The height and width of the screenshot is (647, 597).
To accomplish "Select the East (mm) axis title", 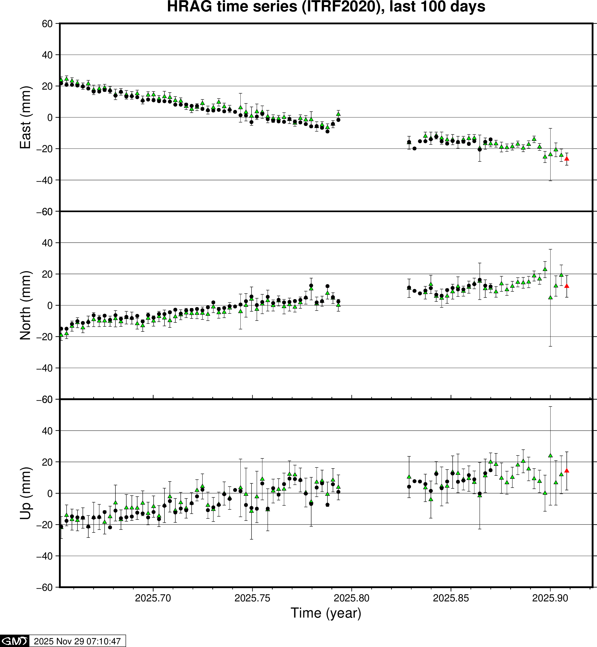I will [x=25, y=117].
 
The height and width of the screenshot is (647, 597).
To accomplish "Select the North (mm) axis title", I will [x=25, y=305].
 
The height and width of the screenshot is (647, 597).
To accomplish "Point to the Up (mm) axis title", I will [x=25, y=493].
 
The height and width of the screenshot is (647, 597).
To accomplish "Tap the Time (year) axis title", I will [x=326, y=613].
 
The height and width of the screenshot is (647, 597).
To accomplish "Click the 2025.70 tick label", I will [x=153, y=598].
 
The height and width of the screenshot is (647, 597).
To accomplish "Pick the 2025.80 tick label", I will [x=352, y=598].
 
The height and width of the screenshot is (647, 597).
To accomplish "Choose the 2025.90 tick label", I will [x=550, y=598].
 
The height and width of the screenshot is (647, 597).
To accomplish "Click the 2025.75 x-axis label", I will [x=252, y=598].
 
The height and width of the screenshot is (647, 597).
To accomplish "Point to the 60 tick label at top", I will [x=47, y=24].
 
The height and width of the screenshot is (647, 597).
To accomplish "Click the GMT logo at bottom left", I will [x=15, y=641].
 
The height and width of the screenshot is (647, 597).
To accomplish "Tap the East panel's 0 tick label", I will [x=50, y=118].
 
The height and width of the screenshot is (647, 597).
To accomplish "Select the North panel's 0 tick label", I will [x=50, y=306].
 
